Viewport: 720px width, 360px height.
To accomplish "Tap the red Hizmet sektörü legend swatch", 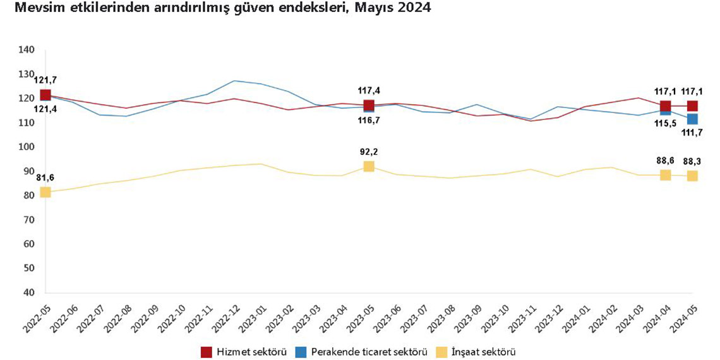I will click(206, 351).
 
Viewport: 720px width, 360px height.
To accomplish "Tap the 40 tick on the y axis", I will click(28, 292).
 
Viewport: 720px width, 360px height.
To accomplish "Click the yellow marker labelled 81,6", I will click(45, 192).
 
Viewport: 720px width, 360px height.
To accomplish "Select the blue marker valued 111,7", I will click(692, 119).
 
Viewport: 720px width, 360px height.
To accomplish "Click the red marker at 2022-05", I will click(45, 95).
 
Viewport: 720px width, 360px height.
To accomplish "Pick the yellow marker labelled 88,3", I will click(692, 176).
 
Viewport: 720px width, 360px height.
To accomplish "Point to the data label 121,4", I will click(45, 110).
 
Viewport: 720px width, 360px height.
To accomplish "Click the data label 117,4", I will click(369, 90).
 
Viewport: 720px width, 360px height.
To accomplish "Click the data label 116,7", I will click(369, 120).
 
